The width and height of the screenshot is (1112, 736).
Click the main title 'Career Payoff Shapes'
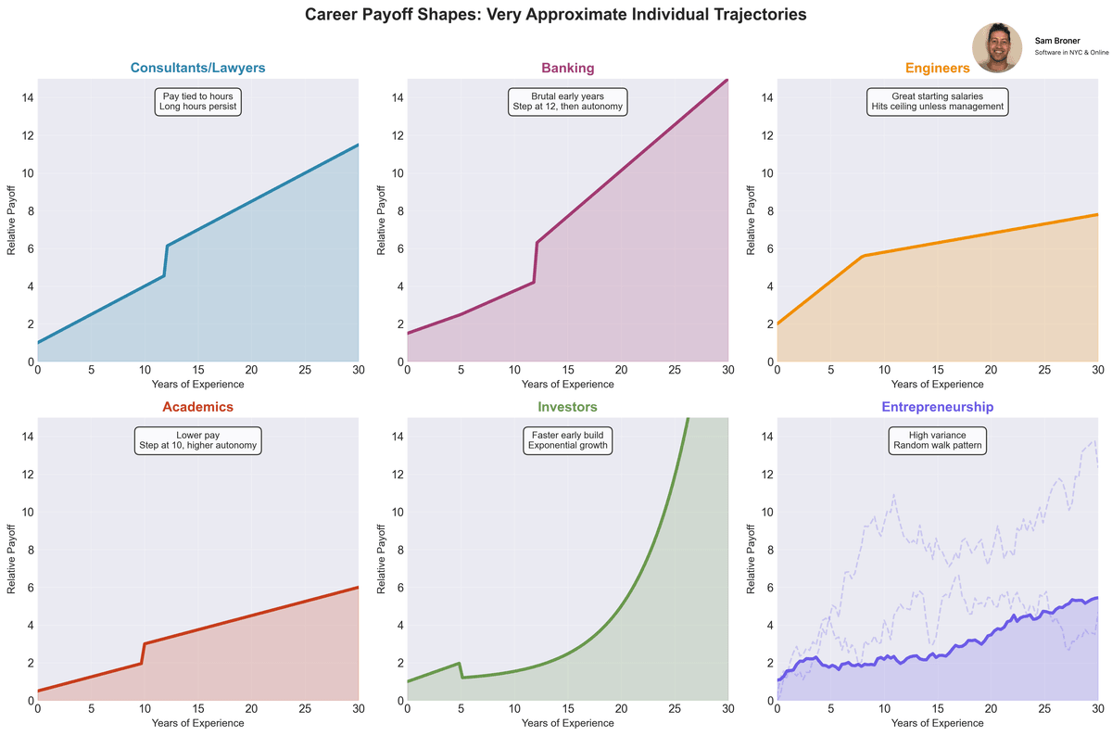pos(555,15)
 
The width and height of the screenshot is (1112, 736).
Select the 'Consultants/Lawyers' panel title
pos(197,68)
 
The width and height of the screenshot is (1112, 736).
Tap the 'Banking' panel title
pos(567,68)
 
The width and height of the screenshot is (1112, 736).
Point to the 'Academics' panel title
pos(197,407)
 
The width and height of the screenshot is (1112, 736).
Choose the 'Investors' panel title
pos(567,407)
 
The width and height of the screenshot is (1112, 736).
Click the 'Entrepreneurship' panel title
pos(937,407)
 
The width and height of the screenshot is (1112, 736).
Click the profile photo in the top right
pos(997,48)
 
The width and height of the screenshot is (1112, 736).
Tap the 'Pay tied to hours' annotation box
pos(197,101)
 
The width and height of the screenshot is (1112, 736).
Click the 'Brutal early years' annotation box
pos(567,101)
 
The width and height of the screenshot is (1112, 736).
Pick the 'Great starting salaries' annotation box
pos(937,101)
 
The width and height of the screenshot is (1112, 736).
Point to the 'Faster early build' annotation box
pos(567,439)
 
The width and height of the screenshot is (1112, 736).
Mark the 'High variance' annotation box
pos(937,439)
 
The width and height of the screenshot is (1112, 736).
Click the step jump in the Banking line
pos(536,262)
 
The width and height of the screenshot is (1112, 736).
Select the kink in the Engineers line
pos(863,256)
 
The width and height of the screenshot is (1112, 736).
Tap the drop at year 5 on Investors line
pos(461,670)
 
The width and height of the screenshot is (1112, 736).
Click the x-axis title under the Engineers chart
pos(937,384)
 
